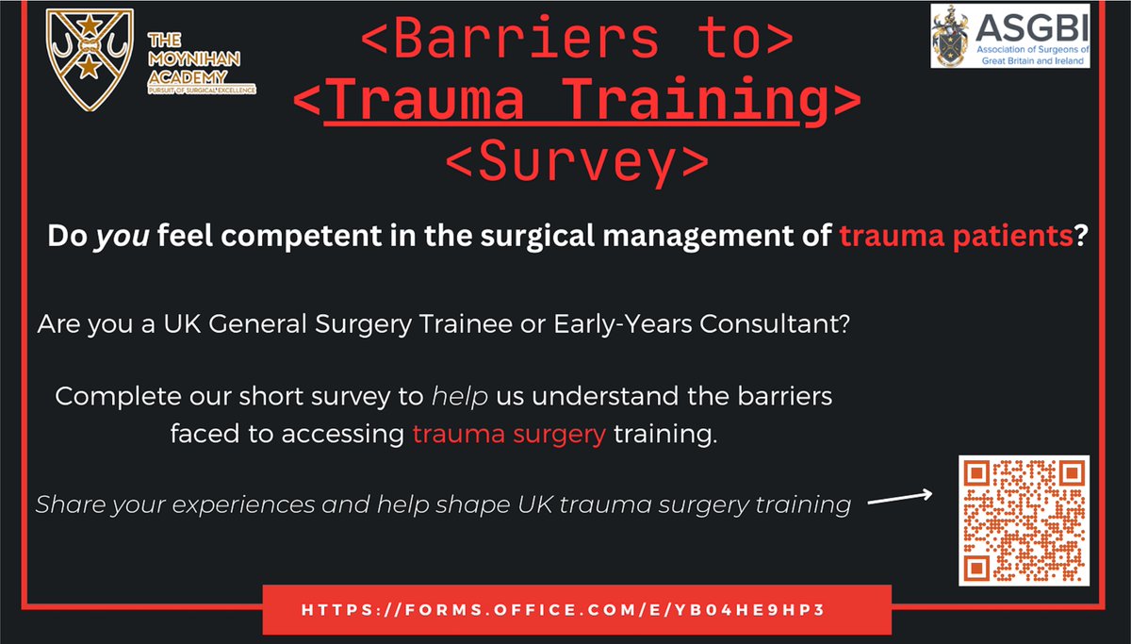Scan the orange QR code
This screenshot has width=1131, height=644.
click(x=1024, y=520)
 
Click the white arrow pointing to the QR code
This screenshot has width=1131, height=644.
click(x=899, y=499)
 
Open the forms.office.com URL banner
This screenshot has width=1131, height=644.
click(x=576, y=609)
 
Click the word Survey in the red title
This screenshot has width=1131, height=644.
click(x=576, y=163)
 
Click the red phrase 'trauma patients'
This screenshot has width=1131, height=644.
click(x=956, y=236)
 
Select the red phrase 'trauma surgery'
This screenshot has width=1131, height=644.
click(x=509, y=437)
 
